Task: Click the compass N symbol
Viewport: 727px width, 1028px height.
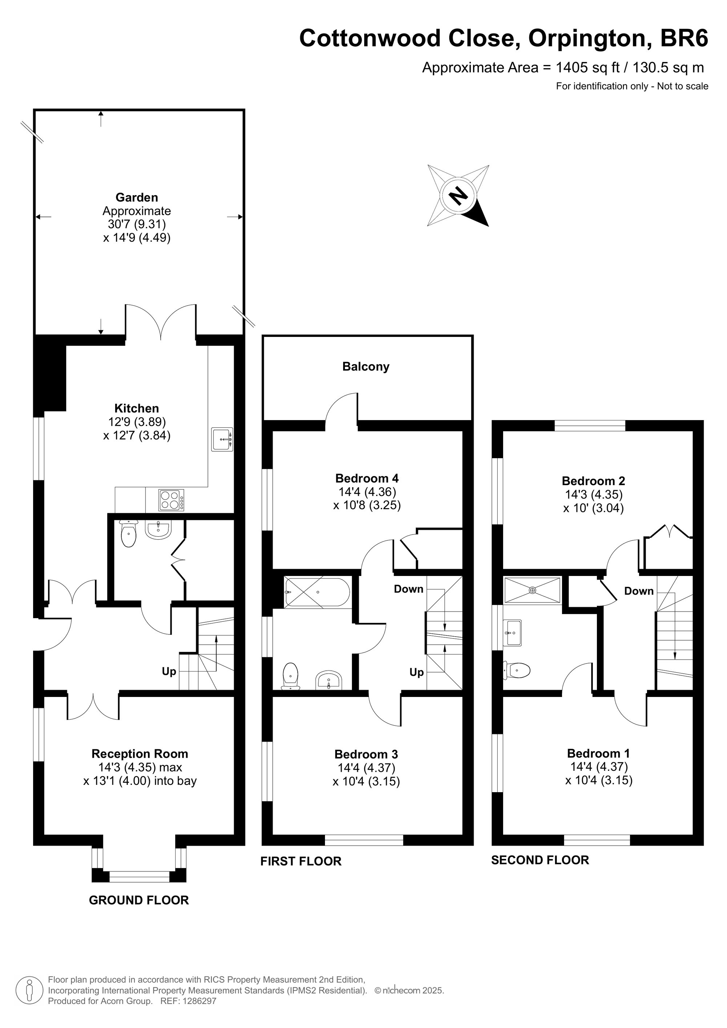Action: coord(458,195)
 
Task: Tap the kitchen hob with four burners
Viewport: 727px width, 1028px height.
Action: coord(171,500)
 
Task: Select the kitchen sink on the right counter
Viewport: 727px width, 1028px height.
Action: coord(222,439)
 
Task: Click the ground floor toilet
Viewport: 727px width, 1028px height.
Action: coord(129,534)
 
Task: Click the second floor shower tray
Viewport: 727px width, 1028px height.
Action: coord(532,590)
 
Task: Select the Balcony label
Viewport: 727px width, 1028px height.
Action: coord(366,367)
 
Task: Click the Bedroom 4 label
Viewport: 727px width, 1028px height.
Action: coord(367,478)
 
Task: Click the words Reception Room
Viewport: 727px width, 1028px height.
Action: coord(140,754)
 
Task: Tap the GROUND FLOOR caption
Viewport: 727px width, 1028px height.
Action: coord(139,900)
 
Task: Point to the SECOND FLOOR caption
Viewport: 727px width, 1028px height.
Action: coord(540,860)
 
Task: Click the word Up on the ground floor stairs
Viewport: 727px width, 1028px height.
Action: coord(169,672)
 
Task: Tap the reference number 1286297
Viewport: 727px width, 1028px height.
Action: coord(197,1001)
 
